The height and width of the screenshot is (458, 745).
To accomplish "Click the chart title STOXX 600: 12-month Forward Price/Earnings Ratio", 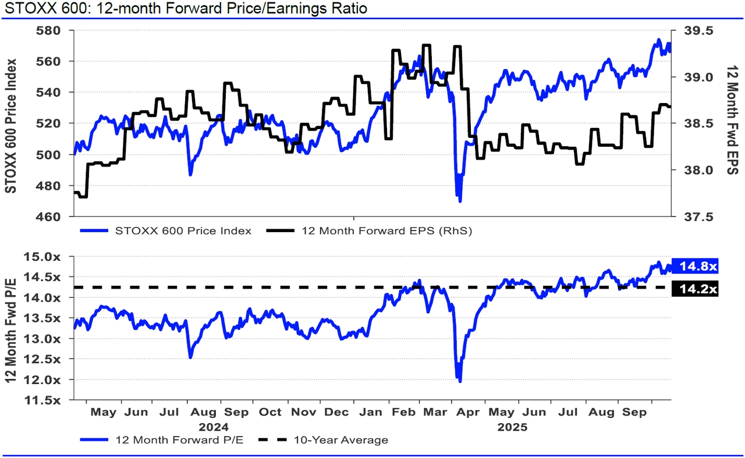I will [185, 9].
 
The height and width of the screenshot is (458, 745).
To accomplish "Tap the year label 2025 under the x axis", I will [512, 427].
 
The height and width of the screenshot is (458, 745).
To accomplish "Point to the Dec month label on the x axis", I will [336, 413].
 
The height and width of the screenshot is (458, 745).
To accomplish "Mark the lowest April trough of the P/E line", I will [460, 381].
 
